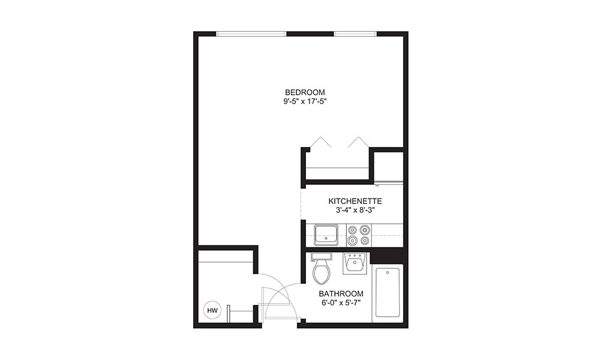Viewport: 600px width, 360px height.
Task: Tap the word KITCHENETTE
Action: coord(355,201)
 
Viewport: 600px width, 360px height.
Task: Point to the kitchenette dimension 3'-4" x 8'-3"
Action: coord(355,211)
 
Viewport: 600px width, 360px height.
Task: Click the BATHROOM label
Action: coord(341,293)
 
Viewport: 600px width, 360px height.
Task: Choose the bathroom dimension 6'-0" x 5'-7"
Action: coord(341,303)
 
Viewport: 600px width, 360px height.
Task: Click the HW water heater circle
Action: coord(211,310)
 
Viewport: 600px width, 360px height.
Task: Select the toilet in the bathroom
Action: coord(322,273)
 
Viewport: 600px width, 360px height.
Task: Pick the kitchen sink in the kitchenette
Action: coord(326,233)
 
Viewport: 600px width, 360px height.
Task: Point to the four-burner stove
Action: coord(358,235)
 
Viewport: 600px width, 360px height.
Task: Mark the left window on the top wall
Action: coord(251,34)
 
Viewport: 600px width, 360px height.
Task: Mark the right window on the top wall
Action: coord(355,34)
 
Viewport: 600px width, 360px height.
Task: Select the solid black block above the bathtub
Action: coord(386,256)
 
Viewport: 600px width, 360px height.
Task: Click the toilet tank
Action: coord(322,256)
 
